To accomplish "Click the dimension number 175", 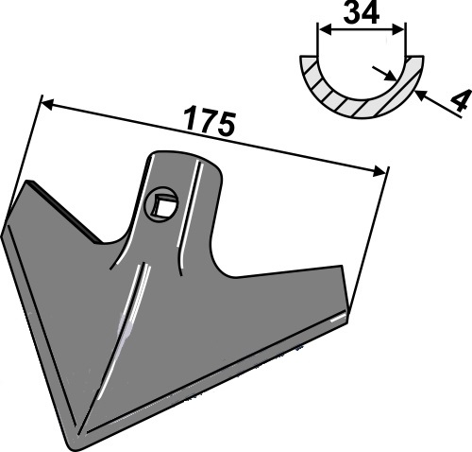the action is click(x=211, y=121).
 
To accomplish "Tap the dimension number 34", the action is click(x=362, y=13).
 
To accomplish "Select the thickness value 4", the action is click(x=461, y=100).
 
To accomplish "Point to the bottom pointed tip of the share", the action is click(x=70, y=446).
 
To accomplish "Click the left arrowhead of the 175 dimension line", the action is click(x=47, y=105).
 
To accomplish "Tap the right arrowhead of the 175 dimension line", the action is click(x=379, y=172).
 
